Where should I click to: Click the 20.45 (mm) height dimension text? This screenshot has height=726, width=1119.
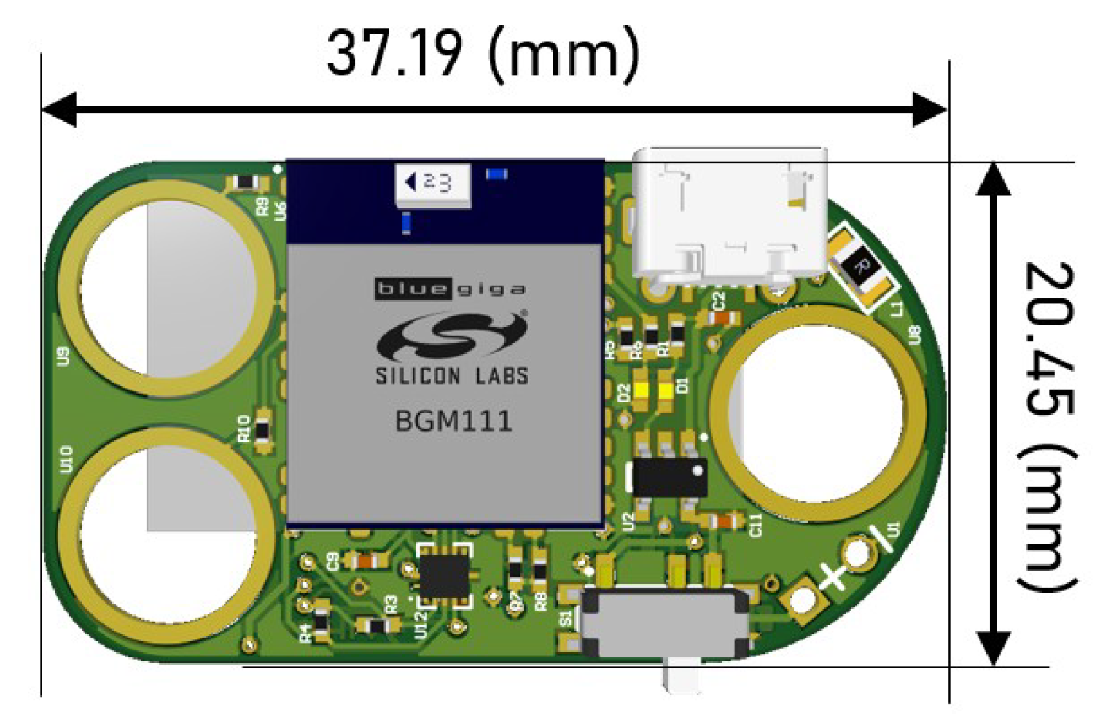pyautogui.click(x=1048, y=426)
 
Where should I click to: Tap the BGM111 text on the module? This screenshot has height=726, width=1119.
pyautogui.click(x=453, y=421)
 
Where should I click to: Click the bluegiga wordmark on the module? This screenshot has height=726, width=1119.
pyautogui.click(x=451, y=289)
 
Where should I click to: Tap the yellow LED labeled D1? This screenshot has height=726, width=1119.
pyautogui.click(x=666, y=390)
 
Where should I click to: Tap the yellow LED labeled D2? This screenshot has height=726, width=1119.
pyautogui.click(x=642, y=390)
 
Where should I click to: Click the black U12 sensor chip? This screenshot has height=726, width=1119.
pyautogui.click(x=442, y=576)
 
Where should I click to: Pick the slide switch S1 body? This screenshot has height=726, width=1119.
pyautogui.click(x=665, y=624)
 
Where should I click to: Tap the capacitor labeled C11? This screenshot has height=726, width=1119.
pyautogui.click(x=724, y=521)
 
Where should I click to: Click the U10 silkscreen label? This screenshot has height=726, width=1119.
pyautogui.click(x=66, y=459)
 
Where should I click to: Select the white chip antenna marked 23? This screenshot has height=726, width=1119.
pyautogui.click(x=432, y=184)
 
